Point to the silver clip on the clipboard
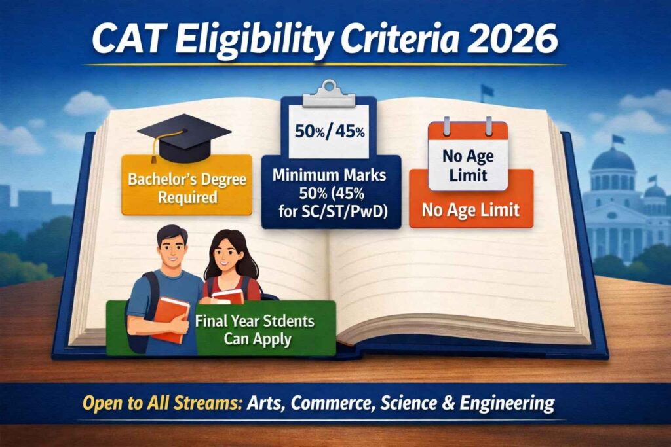tap(329, 92)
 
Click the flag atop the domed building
tap(617, 139)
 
